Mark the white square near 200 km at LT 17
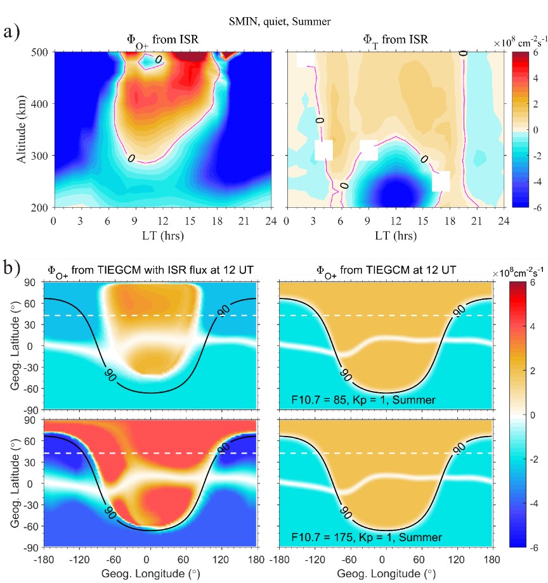click(441, 181)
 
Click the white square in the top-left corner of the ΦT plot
click(305, 58)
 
